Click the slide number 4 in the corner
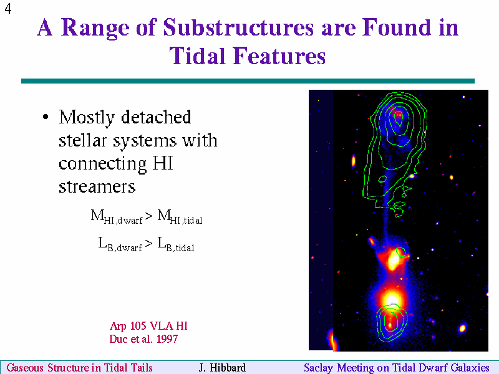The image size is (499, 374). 8,8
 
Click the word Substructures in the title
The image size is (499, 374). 239,27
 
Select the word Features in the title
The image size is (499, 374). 279,56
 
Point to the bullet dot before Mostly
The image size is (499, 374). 46,117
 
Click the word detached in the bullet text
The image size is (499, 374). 156,117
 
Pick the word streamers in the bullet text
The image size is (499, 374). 97,186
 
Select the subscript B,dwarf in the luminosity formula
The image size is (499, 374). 125,247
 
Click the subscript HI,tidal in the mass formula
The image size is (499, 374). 186,220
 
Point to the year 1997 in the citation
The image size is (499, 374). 167,339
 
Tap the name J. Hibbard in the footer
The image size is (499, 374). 222,368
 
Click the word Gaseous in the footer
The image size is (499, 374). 25,368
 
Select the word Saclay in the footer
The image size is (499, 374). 319,368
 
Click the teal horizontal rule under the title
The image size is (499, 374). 248,81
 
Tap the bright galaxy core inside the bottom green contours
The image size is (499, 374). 390,320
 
